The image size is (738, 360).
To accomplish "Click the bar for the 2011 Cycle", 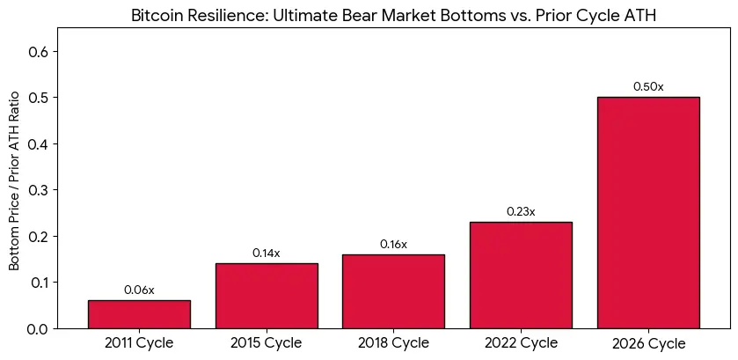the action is point(139,314).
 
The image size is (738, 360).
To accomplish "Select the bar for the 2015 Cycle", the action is point(267,296).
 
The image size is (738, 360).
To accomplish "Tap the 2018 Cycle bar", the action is point(393,291).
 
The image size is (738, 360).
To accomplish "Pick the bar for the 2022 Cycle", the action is point(521,276).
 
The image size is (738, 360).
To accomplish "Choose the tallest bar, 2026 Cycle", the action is point(648,212).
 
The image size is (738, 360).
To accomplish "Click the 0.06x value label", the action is point(139,290).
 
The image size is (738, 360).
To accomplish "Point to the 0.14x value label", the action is point(267,253).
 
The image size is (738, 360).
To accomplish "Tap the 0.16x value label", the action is point(393,245).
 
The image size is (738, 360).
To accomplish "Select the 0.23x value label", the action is point(521,212).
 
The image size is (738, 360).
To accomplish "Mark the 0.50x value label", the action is point(648,87).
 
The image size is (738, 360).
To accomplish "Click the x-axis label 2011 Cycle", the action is point(139,342).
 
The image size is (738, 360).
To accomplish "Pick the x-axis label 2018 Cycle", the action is point(393,342).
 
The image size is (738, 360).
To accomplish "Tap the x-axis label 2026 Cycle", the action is point(648,343).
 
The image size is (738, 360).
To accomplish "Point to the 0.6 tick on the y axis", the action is point(38,51).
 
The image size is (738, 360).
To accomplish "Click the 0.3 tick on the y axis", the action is point(38,189).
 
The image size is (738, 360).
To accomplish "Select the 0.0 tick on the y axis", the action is point(38,328).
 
